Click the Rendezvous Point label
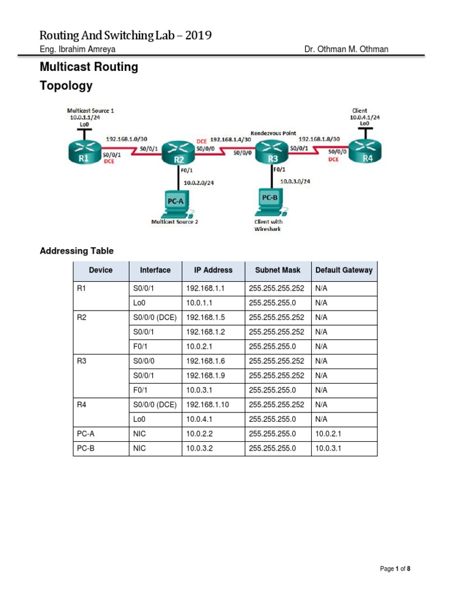coord(273,133)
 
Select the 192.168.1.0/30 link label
coord(127,139)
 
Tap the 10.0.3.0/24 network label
coord(295,182)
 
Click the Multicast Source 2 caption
coord(175,222)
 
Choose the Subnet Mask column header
coord(278,270)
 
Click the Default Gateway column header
coord(343,270)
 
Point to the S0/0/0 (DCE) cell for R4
coord(151,404)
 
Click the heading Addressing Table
coord(76,251)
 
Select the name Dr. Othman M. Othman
coord(346,49)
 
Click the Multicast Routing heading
coord(88,67)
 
